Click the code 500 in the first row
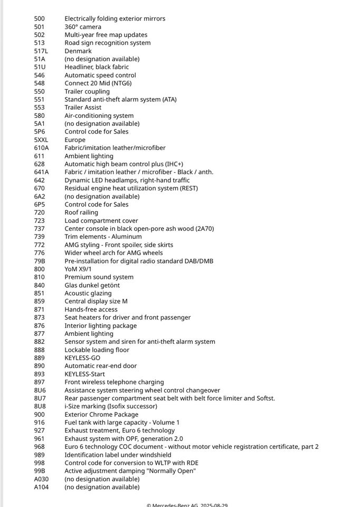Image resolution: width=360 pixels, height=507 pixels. coord(39,18)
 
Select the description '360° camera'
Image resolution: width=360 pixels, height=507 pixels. coord(83,27)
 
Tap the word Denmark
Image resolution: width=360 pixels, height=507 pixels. coord(78,51)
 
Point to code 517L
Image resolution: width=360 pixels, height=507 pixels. coord(41,51)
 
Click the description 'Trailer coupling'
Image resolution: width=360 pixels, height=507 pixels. coord(87,91)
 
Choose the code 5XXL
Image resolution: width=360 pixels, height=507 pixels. coord(41,140)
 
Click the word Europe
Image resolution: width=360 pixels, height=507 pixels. coord(75,140)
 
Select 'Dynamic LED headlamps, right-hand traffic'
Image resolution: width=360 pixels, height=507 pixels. coord(127,180)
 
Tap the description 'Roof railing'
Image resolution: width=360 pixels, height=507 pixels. coord(81,213)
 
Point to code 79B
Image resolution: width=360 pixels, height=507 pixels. coord(40,261)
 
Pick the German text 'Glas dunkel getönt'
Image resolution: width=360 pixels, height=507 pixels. coord(92,285)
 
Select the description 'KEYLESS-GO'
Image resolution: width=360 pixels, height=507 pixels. coord(82,358)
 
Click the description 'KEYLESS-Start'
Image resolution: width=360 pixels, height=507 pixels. coord(84,374)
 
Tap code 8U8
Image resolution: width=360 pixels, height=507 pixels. coord(40,406)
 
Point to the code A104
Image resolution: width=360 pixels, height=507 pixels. coord(41,487)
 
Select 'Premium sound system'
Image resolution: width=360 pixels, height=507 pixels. coord(99,277)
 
